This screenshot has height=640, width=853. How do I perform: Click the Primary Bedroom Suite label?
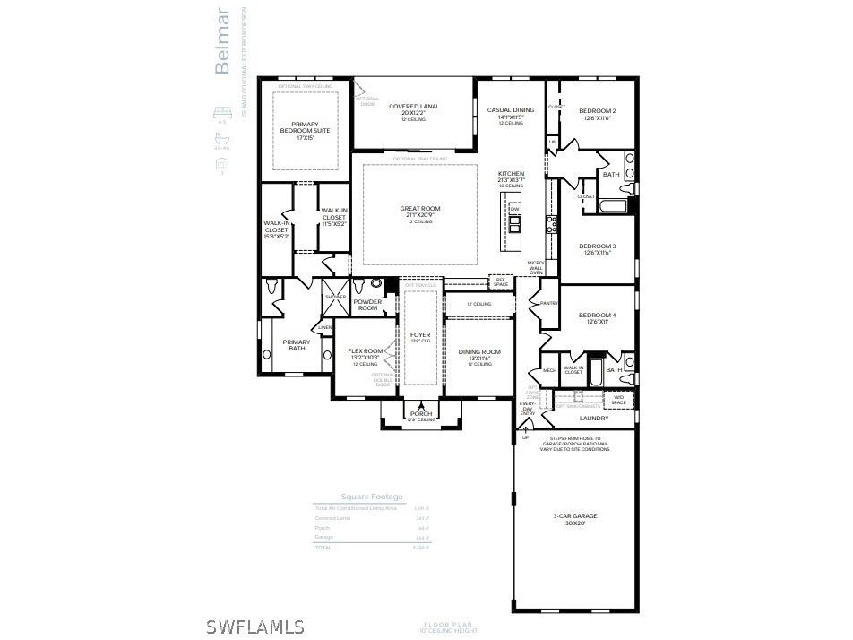[x=305, y=128]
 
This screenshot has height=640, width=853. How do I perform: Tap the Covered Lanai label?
[x=413, y=107]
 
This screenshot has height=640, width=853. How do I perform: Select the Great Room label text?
[x=419, y=209]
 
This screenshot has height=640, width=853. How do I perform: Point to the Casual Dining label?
[x=511, y=111]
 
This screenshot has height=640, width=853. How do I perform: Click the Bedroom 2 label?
[x=598, y=111]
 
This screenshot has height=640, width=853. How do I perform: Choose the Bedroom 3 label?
[x=598, y=246]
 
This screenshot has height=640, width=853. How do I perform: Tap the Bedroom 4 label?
[x=598, y=316]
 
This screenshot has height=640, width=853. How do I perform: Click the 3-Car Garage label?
[x=575, y=516]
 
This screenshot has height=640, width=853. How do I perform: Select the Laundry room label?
[x=594, y=419]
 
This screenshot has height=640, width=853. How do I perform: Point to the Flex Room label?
[x=366, y=351]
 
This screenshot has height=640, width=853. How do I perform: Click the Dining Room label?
[x=479, y=352]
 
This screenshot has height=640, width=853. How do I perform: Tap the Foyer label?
[x=420, y=335]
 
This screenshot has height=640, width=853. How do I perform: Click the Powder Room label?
[x=367, y=305]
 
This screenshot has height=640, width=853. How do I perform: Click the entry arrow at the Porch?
[x=421, y=405]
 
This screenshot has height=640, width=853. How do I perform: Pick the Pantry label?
[x=549, y=304]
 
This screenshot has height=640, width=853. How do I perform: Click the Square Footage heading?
[x=372, y=497]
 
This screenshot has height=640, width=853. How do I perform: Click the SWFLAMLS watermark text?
[x=254, y=627]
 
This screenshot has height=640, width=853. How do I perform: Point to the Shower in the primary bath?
[x=335, y=297]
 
